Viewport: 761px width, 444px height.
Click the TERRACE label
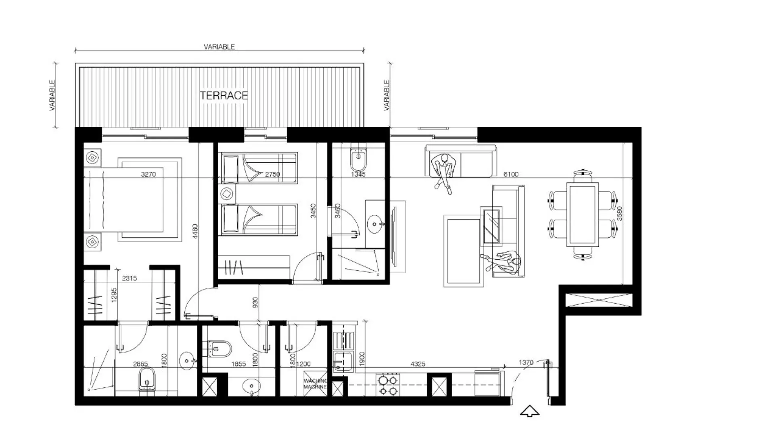[224, 96]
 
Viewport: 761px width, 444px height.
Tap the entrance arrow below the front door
[529, 411]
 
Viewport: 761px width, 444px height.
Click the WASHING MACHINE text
[315, 384]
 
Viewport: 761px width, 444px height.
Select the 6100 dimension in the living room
[511, 174]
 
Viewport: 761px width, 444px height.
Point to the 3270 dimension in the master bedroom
[148, 174]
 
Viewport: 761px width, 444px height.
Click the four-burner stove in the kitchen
[388, 385]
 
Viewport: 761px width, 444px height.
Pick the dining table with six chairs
[582, 214]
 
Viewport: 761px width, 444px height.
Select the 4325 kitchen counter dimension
[418, 364]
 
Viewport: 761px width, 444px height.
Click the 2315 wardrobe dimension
[129, 278]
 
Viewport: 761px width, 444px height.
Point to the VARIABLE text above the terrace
[219, 47]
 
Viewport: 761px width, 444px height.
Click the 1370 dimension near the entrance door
[526, 362]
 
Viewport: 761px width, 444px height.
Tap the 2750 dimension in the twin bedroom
[272, 174]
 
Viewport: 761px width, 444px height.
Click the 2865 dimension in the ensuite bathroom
[140, 364]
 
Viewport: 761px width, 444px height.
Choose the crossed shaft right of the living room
[599, 300]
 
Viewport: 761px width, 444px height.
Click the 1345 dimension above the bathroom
[358, 174]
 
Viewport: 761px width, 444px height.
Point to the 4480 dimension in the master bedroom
[195, 231]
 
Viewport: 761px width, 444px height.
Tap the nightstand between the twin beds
[228, 194]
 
